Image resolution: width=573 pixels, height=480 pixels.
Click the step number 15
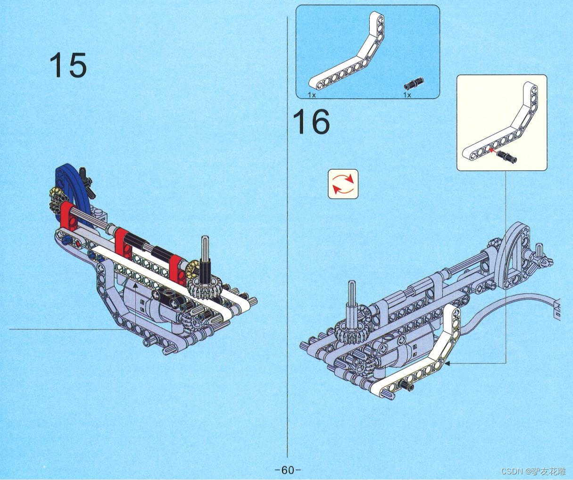[x=68, y=65]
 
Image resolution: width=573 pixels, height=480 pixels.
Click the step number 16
[x=311, y=122]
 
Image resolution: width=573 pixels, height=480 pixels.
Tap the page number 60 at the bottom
[x=287, y=470]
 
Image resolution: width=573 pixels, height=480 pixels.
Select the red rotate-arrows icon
[x=343, y=184]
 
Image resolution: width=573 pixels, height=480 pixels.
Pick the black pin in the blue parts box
[x=414, y=84]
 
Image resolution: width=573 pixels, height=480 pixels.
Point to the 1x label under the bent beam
[x=311, y=95]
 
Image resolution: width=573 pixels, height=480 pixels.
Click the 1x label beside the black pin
[x=407, y=95]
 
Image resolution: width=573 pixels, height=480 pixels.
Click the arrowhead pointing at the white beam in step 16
[x=447, y=363]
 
